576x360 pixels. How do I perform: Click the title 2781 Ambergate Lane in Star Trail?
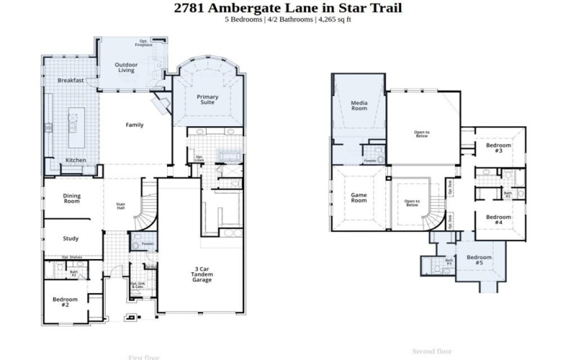[288, 8]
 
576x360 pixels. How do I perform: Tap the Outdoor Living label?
[127, 68]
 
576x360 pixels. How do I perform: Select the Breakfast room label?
[71, 81]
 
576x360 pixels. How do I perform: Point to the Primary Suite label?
[208, 99]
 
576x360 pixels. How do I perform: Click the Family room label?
[135, 125]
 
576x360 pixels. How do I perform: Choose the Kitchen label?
[76, 160]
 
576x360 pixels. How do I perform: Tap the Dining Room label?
[71, 199]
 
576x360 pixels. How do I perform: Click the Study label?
[71, 239]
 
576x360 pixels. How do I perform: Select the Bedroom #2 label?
[65, 302]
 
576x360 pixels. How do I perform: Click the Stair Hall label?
[121, 206]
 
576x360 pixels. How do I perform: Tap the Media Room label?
[359, 105]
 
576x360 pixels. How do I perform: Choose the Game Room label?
[359, 197]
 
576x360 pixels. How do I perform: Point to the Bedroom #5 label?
[479, 260]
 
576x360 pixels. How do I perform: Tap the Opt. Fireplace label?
[143, 43]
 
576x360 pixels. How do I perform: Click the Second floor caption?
[432, 351]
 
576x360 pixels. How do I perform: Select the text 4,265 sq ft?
[333, 19]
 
